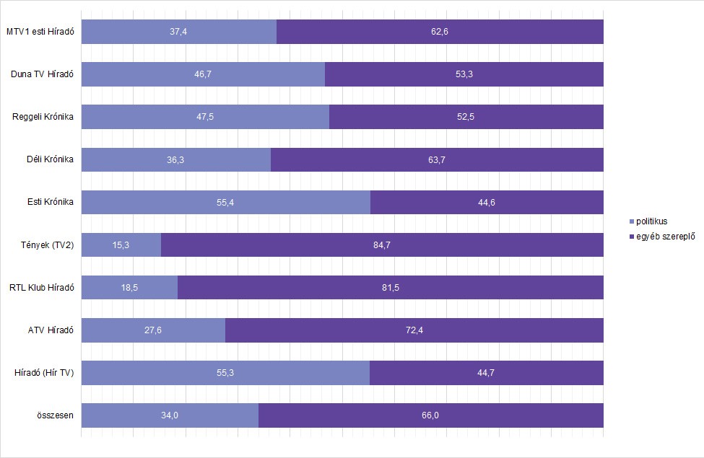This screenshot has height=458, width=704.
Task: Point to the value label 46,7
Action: tap(203, 74)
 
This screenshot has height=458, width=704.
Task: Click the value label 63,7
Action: tap(437, 159)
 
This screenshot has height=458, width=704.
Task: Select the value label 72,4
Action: tap(414, 330)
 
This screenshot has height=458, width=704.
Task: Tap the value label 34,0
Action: tap(170, 415)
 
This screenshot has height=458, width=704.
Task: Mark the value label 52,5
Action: tap(466, 117)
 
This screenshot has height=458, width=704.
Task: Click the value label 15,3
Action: tap(121, 245)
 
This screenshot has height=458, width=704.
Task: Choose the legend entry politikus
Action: tap(651, 221)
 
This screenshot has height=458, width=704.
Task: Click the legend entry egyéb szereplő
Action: tap(662, 236)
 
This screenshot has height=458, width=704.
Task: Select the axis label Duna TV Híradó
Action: tap(43, 74)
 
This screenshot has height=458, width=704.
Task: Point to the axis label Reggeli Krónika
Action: tap(43, 117)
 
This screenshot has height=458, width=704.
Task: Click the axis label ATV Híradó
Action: tap(50, 330)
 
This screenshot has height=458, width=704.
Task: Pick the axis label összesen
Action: tap(54, 415)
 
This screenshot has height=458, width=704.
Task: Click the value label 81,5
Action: tap(390, 288)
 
